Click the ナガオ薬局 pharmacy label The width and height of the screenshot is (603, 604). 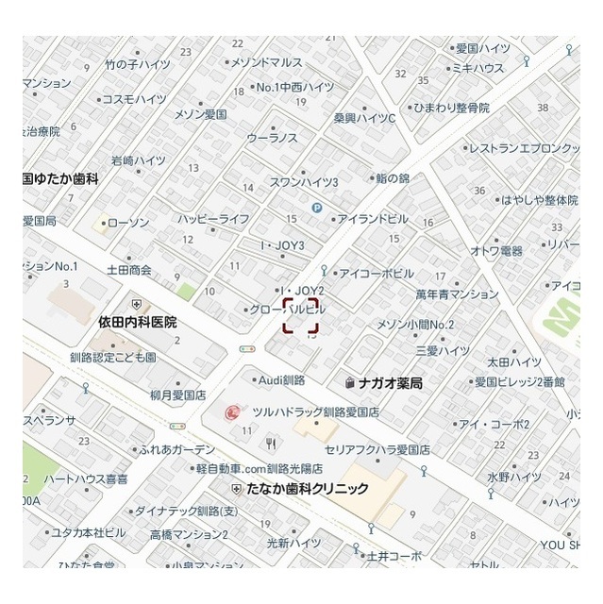pos(390,383)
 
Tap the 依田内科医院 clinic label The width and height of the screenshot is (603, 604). pos(138,322)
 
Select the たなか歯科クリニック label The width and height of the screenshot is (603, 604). pos(306,489)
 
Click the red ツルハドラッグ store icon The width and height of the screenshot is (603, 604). pos(232,412)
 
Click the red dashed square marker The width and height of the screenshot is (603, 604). pos(301,315)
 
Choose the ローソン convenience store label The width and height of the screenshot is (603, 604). pos(129,223)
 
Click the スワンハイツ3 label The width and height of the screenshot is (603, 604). pos(304,181)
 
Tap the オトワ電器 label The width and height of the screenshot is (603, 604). pos(496,250)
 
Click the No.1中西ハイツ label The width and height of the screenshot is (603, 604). pos(295,87)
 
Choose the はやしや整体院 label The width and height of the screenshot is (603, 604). pos(540,200)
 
